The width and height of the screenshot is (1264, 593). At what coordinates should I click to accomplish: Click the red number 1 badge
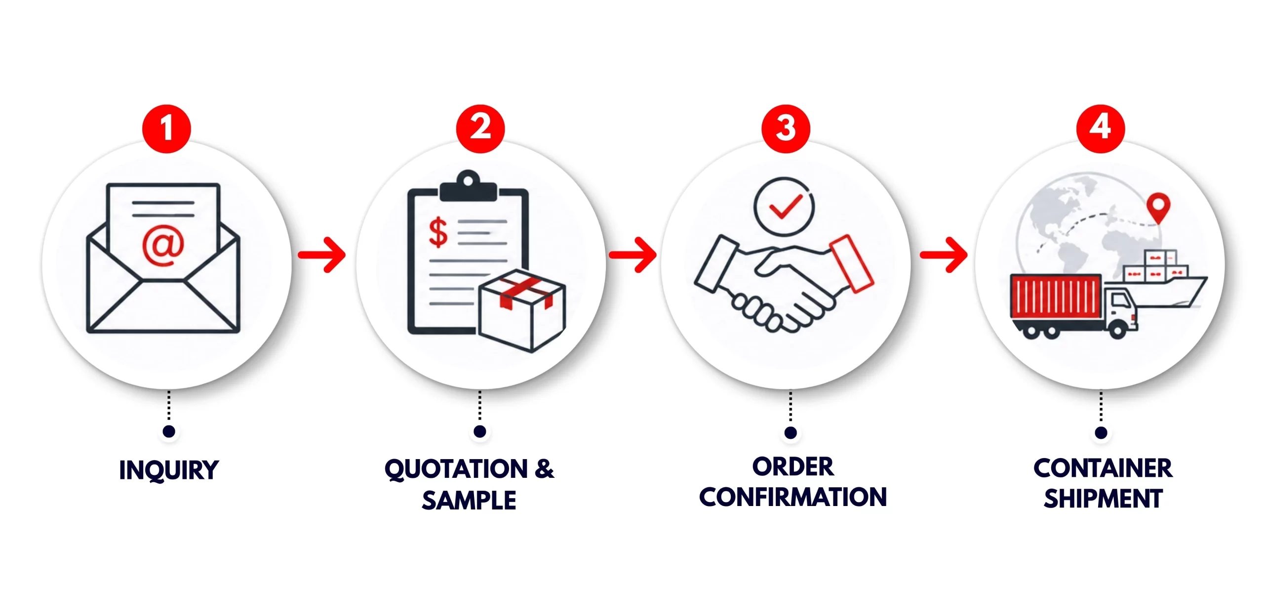point(166,128)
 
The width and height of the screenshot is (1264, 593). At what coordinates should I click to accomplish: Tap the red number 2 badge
point(480,128)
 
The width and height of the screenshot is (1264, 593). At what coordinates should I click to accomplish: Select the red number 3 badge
point(786,128)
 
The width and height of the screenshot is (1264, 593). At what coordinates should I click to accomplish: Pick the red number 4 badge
point(1101,128)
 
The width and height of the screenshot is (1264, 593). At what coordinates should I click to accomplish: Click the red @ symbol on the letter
point(163,245)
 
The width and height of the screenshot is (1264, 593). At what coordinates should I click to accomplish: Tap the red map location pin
point(1158,208)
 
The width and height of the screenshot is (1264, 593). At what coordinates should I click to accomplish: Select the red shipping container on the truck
point(1056,296)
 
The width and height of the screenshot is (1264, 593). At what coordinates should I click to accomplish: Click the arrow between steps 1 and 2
point(322,255)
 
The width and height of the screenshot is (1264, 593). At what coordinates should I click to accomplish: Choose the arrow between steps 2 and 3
point(632,255)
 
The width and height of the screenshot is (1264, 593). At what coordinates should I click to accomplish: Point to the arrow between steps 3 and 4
point(944,255)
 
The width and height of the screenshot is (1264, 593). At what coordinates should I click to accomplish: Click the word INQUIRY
point(169,470)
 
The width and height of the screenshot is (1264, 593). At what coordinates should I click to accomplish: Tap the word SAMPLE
point(469,500)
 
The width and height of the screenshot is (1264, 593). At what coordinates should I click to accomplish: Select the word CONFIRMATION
point(793,497)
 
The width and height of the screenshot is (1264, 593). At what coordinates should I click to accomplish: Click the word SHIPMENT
point(1103,498)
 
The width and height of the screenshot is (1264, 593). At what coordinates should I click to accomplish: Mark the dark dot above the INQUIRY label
point(169,431)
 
